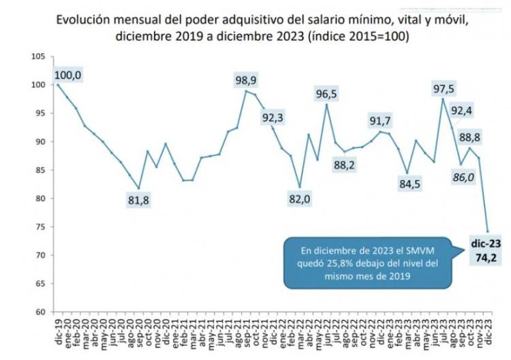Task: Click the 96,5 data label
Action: [x=327, y=93]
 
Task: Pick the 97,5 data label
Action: [x=444, y=89]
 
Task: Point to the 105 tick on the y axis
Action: [x=38, y=57]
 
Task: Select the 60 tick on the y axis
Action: [x=40, y=312]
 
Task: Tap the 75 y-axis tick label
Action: [x=40, y=227]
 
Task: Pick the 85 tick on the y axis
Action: [x=40, y=170]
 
